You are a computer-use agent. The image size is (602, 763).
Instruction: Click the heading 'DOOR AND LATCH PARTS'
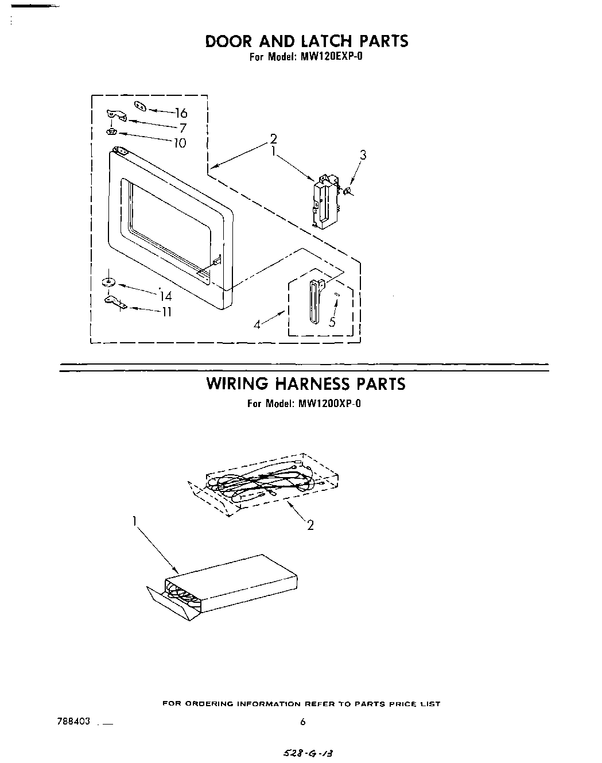pos(306,41)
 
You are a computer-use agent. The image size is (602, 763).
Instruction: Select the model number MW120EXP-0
pos(329,57)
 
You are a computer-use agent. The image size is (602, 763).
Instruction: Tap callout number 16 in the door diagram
pos(181,113)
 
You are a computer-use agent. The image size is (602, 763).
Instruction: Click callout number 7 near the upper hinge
pos(183,128)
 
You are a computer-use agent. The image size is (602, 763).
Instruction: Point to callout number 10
pos(180,143)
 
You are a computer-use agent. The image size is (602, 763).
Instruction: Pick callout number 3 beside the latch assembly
pos(363,154)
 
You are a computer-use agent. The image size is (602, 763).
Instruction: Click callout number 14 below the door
pos(166,296)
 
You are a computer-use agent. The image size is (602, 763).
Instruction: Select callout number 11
pos(166,312)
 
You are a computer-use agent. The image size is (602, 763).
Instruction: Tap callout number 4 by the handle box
pos(257,325)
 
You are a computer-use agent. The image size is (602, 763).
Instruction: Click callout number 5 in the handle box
pos(332,322)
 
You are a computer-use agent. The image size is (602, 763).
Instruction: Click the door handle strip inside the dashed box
pos(313,301)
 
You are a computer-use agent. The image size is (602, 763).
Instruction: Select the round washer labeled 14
pos(107,282)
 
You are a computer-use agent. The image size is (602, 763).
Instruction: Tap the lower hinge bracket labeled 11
pos(115,301)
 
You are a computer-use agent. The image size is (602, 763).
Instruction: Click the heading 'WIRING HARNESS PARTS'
pos(305,384)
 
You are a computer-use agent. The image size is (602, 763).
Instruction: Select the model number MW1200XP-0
pos(329,403)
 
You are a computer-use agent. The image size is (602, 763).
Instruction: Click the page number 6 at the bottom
pos(303,722)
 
